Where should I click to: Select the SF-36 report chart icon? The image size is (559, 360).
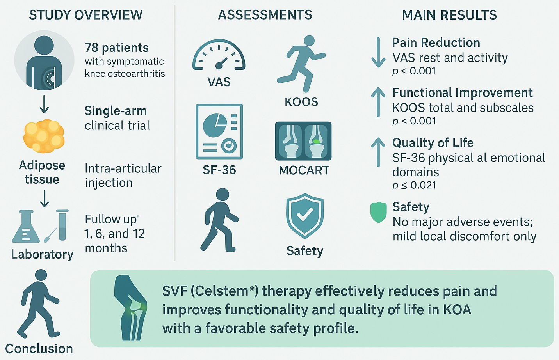(219, 131)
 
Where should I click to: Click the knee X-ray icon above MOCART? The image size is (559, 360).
(303, 141)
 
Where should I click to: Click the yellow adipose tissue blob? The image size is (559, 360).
(43, 136)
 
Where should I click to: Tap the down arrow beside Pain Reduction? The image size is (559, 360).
(378, 53)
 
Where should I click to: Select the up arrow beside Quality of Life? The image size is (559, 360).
(378, 152)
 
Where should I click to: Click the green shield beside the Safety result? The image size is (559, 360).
(378, 212)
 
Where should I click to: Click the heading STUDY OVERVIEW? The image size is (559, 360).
(86, 15)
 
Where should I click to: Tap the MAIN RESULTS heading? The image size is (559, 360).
(449, 15)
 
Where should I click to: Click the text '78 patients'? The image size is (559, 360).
(117, 48)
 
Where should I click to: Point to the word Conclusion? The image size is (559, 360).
(39, 348)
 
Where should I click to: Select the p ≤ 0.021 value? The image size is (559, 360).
(414, 185)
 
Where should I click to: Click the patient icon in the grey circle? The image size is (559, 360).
(44, 61)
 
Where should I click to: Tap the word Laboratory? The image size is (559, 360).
(42, 254)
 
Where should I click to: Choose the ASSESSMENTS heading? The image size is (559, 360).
(265, 15)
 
